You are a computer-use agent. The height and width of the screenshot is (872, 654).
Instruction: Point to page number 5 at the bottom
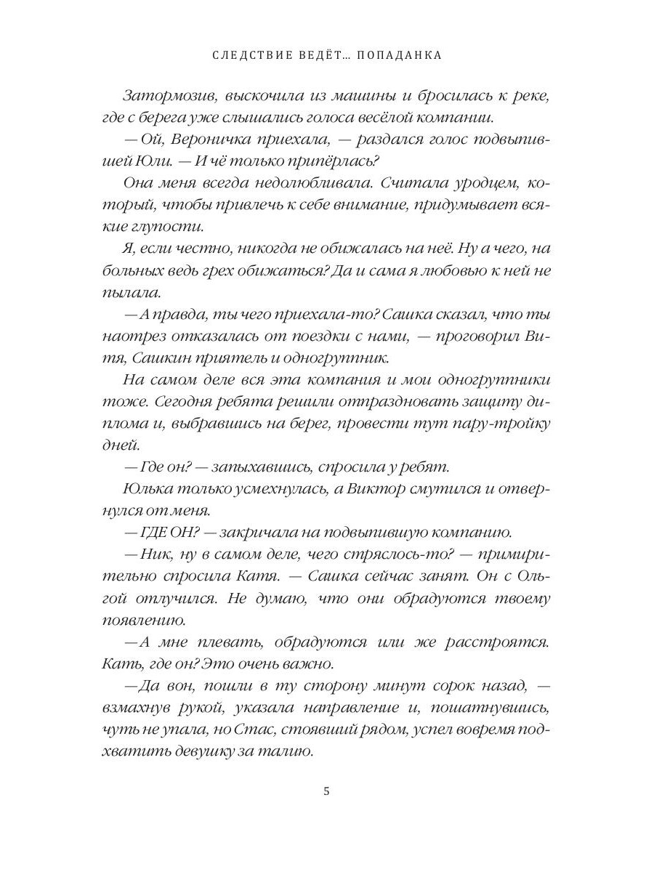coord(327,792)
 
